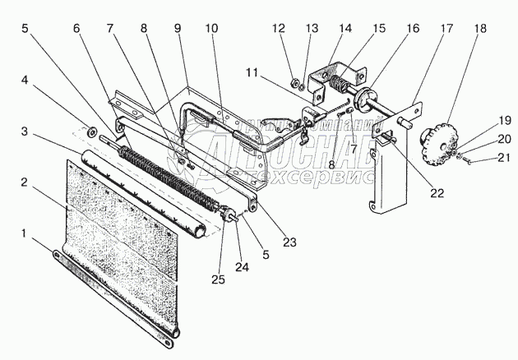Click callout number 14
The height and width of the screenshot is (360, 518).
[x=345, y=28]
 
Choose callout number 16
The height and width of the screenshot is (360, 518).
[x=412, y=28]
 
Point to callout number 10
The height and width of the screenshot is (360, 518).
[x=211, y=28]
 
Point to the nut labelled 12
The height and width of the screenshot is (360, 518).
[x=294, y=81]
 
